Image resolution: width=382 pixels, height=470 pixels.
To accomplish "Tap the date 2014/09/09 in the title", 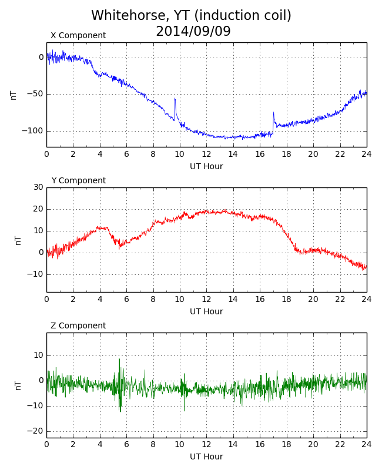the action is coord(193,31).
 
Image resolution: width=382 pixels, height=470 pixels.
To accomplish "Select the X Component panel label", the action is coord(78,35).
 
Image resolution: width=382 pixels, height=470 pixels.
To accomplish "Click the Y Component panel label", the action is coord(79,180).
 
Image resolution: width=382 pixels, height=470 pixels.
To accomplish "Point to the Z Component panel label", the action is coord(78,325).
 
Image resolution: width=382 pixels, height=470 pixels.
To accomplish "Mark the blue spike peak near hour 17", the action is coord(273,112).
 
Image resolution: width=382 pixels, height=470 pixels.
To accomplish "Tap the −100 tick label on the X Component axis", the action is coord(32,131).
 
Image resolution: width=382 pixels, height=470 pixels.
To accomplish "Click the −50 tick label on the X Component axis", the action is coord(35,94).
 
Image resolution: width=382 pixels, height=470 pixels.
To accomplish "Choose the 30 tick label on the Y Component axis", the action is coord(38,187).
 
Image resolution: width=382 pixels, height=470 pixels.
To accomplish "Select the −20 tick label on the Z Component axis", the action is coord(35,431).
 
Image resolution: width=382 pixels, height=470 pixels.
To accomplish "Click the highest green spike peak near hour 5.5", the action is coord(119,358).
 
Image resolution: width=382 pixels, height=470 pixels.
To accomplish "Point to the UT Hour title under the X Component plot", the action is coord(206,166).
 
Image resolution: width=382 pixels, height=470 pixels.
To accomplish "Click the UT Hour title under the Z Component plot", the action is coord(206,456).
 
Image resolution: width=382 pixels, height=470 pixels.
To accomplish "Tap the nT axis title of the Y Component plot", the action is coord(18,240).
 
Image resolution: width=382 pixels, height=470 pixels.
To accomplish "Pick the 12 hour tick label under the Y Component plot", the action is coord(206,300).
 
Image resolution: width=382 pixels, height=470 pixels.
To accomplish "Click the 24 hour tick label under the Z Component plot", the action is coord(366,444).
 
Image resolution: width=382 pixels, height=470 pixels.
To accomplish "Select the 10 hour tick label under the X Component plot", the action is coord(179,155).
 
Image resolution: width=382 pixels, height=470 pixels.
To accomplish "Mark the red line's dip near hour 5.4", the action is coord(119,248).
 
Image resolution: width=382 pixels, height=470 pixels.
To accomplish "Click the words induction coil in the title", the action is coord(243,15).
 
